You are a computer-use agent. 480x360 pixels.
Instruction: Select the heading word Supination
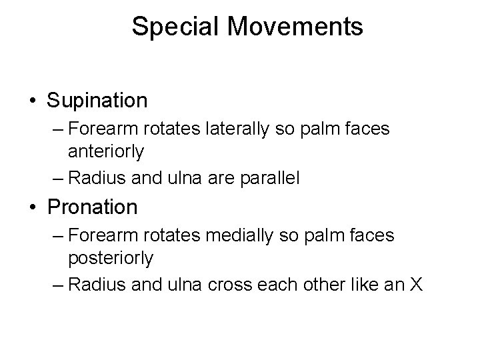(x=97, y=101)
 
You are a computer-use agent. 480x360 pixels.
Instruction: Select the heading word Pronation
(x=93, y=207)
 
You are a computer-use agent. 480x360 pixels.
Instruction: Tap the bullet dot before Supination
(x=34, y=101)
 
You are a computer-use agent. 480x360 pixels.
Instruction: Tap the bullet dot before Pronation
(x=34, y=208)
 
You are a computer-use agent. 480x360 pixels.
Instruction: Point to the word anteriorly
(x=105, y=153)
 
